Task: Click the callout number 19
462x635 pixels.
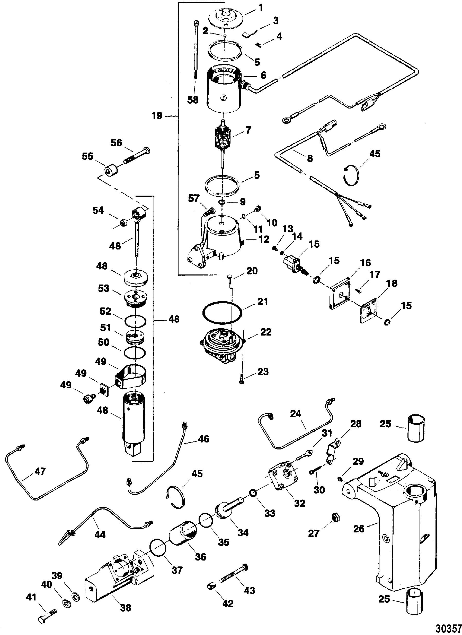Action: click(157, 115)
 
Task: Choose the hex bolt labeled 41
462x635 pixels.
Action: click(48, 615)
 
